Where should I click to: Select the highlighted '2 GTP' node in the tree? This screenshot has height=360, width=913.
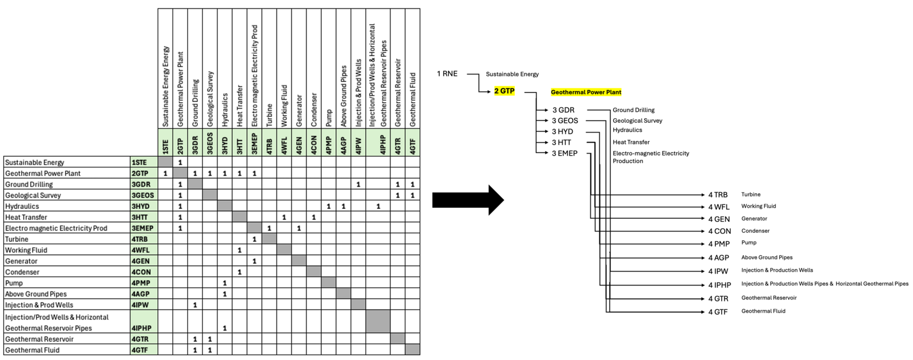(504, 91)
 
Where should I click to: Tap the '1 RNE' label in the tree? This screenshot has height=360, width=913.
(447, 74)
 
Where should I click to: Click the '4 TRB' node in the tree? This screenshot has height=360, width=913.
(718, 195)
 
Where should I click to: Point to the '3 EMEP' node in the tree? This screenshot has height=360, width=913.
(565, 153)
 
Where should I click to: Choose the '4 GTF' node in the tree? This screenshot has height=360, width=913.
(718, 312)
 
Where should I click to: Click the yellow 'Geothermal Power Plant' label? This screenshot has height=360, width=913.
(586, 92)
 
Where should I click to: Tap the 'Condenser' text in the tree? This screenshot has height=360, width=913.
(755, 231)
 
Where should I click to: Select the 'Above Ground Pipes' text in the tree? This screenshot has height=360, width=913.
(766, 258)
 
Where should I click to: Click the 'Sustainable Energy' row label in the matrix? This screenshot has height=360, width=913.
(34, 162)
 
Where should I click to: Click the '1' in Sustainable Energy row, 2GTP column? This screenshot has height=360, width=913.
(180, 162)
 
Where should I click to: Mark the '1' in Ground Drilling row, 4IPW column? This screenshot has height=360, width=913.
(358, 184)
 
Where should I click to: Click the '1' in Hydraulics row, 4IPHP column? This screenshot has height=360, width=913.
(378, 206)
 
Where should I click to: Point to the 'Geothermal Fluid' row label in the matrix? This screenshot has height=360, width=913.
(32, 350)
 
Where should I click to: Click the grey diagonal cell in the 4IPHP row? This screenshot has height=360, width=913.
(378, 321)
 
